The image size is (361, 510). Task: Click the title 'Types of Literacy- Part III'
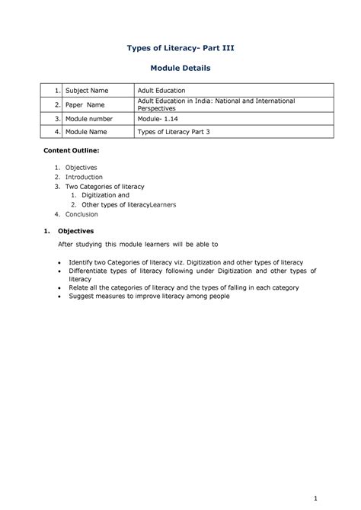(x=180, y=48)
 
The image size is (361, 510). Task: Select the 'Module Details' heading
(x=180, y=69)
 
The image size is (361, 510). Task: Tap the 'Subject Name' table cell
(x=87, y=91)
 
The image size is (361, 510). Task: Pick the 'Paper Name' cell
(x=85, y=104)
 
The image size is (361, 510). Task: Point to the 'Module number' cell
(x=89, y=119)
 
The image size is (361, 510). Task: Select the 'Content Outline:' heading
(x=71, y=152)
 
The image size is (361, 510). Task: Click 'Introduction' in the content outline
(x=83, y=177)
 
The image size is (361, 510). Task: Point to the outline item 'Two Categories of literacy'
(x=104, y=186)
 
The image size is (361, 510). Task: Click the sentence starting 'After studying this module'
(x=139, y=245)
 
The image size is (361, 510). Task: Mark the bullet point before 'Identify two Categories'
(x=61, y=261)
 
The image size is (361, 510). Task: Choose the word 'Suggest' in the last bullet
(x=81, y=296)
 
